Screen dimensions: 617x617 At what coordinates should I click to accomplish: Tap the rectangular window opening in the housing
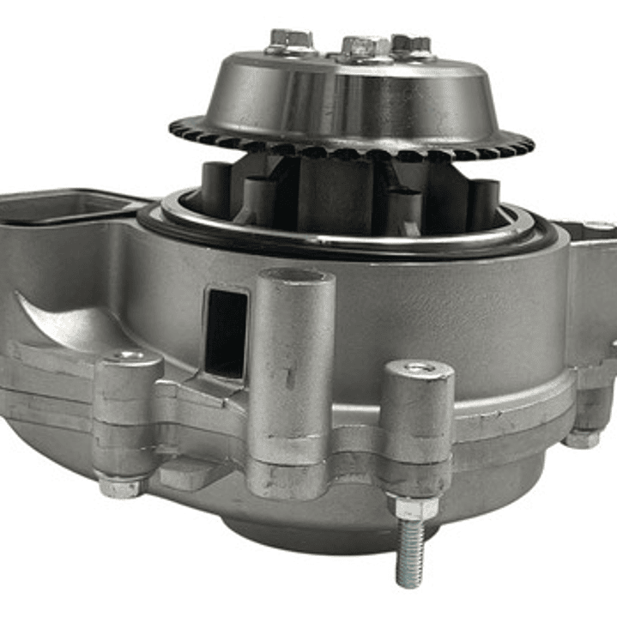pyautogui.click(x=227, y=333)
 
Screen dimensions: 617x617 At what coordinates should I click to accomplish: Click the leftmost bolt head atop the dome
pyautogui.click(x=289, y=39)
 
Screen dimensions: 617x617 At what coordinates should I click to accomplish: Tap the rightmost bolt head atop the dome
pyautogui.click(x=411, y=44)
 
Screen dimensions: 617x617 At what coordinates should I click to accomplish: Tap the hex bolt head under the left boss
pyautogui.click(x=119, y=487)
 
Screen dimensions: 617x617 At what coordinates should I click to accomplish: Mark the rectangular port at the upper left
pyautogui.click(x=60, y=206)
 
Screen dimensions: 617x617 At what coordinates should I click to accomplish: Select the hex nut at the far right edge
pyautogui.click(x=583, y=438)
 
